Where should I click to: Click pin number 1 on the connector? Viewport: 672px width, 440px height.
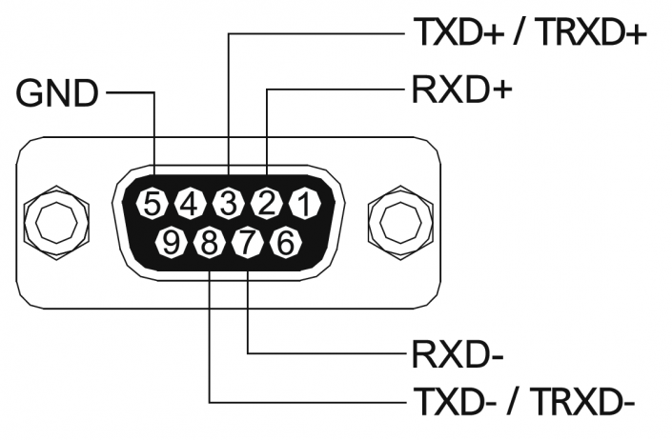(305, 203)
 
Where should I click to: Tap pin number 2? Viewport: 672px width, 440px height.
(267, 203)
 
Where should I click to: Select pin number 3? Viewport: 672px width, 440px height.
(229, 203)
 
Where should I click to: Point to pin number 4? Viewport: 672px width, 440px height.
(191, 203)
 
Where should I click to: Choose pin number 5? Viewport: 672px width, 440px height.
(153, 203)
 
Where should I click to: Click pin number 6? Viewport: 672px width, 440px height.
(286, 243)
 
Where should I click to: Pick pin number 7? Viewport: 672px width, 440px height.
(248, 243)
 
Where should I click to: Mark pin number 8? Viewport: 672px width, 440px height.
(210, 243)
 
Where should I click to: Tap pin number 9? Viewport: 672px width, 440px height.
(172, 243)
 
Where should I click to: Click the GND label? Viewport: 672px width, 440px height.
(57, 93)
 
